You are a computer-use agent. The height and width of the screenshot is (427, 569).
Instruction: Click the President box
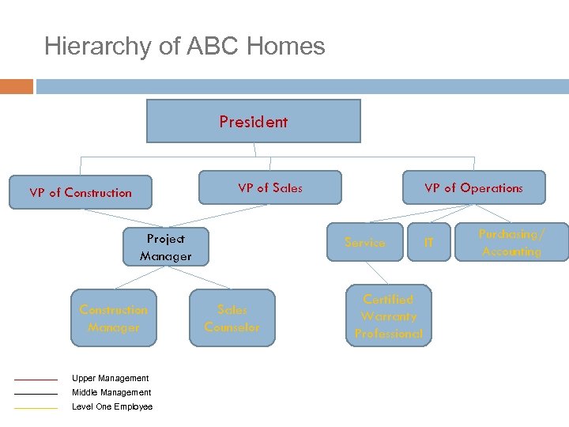click(254, 121)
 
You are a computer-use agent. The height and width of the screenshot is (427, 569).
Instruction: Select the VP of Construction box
click(81, 192)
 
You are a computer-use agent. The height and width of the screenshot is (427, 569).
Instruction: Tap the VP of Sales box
click(270, 187)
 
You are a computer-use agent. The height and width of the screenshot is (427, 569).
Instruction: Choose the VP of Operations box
click(473, 187)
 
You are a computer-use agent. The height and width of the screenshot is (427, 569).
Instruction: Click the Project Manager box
click(166, 247)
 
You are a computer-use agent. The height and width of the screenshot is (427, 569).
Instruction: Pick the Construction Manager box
click(114, 318)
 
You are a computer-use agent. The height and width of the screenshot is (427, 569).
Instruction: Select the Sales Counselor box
click(232, 318)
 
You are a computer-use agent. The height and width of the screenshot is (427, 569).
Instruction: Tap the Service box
click(365, 243)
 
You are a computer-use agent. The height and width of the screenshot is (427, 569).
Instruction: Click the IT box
click(429, 243)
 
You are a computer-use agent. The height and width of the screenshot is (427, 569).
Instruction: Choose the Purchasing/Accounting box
click(511, 243)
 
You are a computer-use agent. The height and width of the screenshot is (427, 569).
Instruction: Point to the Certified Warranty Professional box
click(389, 316)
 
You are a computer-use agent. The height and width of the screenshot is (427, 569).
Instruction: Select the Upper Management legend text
click(110, 378)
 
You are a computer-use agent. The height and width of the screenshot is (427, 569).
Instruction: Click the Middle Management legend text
click(111, 392)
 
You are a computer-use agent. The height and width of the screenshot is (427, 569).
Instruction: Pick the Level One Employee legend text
click(112, 406)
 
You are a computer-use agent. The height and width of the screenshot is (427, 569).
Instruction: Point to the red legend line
click(36, 380)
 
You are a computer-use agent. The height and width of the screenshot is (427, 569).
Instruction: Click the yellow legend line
click(36, 408)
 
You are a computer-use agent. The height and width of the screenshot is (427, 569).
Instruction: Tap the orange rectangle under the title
click(17, 86)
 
